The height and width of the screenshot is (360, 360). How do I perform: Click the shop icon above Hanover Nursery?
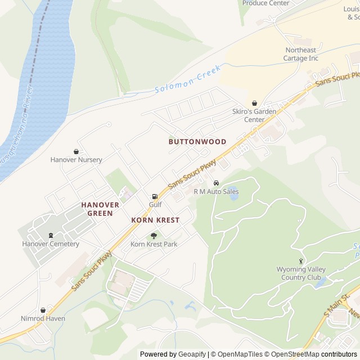point(76,151)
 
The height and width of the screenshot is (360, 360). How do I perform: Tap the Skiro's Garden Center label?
point(254,115)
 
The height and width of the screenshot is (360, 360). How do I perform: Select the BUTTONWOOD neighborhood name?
point(197,142)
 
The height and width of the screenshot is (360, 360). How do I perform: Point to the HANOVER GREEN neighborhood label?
point(100,209)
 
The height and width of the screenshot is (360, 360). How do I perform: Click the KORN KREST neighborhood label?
point(155,220)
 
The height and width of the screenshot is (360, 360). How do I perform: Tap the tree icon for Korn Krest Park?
point(154,236)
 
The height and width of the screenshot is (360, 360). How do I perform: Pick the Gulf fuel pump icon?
point(155,196)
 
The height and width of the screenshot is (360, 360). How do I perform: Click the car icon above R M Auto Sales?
point(216,183)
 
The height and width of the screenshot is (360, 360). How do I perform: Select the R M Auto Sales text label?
point(216,192)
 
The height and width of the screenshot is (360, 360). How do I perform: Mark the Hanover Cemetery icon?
point(51,235)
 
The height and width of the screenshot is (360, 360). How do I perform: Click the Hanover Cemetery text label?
point(51,244)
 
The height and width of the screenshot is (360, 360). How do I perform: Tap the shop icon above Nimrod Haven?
point(43,310)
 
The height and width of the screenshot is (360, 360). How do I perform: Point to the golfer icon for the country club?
point(301,261)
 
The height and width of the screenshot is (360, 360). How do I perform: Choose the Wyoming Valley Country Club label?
point(301,273)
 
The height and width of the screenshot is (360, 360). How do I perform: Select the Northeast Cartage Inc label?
point(301,54)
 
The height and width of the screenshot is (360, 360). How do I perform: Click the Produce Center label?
point(265,3)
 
